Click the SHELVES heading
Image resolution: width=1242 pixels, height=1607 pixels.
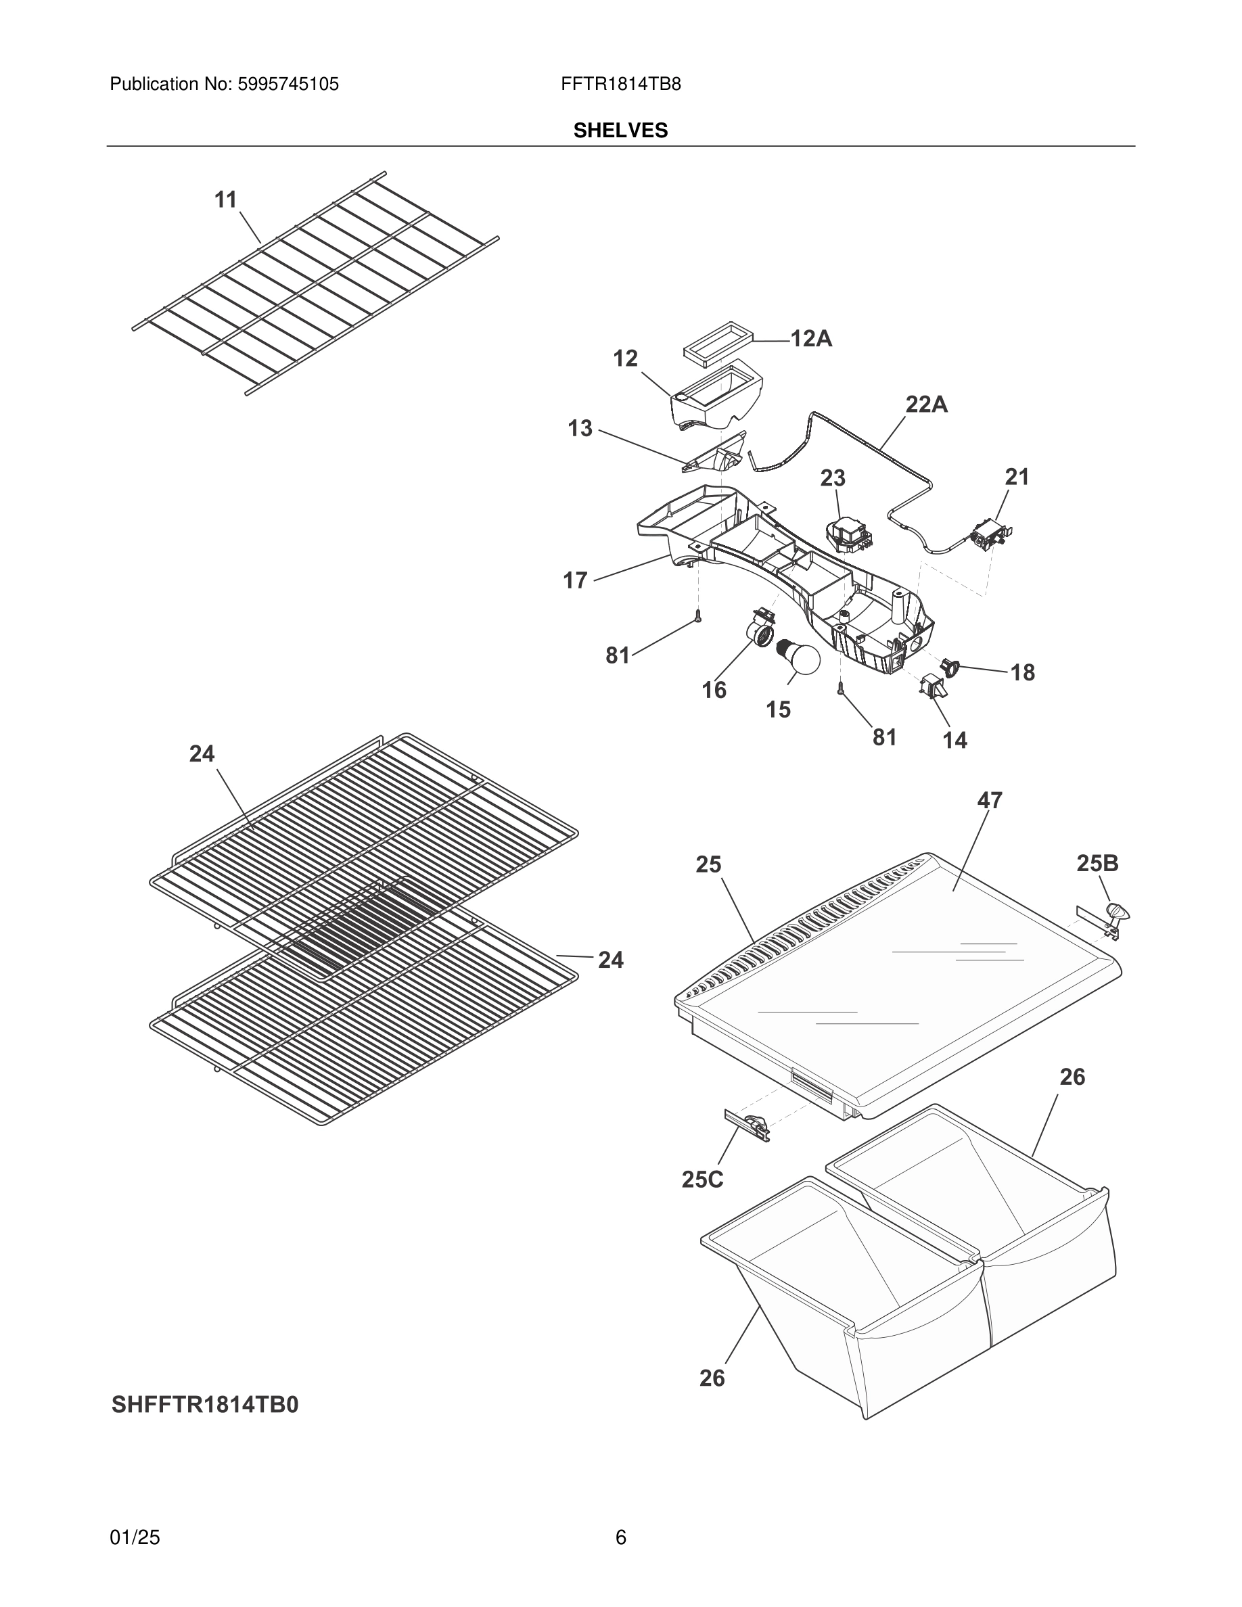point(620,131)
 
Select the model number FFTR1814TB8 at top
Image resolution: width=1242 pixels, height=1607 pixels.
point(620,84)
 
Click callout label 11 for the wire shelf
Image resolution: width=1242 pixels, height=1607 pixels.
point(225,200)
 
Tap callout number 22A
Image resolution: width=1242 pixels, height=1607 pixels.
point(925,404)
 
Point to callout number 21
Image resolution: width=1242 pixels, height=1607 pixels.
point(1017,477)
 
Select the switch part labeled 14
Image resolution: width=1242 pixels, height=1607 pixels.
point(934,686)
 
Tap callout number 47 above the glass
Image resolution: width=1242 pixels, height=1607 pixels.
point(990,800)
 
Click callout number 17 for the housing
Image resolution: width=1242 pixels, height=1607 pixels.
point(576,580)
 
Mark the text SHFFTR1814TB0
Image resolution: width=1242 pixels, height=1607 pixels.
point(205,1405)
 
